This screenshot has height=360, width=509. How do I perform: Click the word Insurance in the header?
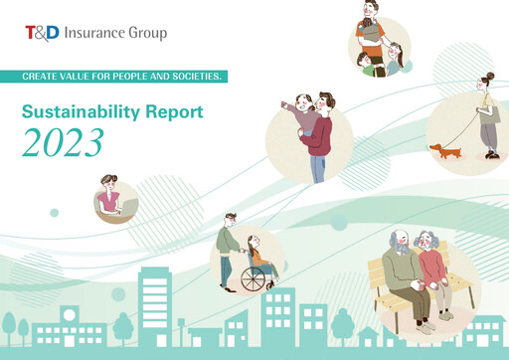[98, 33]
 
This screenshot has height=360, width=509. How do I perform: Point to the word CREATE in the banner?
[48, 77]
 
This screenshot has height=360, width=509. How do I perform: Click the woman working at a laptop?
[109, 195]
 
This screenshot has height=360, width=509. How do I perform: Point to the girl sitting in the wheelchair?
[256, 255]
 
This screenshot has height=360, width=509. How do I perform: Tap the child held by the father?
[305, 111]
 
